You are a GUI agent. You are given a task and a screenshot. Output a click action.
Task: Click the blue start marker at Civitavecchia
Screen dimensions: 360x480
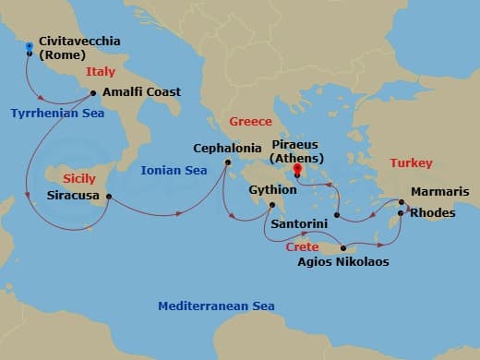[30, 45]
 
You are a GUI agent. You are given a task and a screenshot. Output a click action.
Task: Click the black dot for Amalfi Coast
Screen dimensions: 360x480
[92, 91]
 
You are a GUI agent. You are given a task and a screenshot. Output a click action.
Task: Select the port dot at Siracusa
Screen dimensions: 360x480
[109, 196]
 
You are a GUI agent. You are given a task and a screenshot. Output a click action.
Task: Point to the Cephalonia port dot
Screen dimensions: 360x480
[227, 163]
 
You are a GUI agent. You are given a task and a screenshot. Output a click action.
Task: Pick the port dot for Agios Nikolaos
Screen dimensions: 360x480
[343, 247]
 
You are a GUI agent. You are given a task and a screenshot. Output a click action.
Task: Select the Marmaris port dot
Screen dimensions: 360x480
[402, 201]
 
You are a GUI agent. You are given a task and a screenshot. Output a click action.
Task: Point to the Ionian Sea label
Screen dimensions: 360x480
[173, 170]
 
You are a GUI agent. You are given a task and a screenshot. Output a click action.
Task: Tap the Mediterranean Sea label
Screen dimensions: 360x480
[216, 306]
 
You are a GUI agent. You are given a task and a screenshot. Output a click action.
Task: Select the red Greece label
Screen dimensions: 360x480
[250, 121]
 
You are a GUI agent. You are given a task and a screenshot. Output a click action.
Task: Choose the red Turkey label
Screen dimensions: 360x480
[411, 162]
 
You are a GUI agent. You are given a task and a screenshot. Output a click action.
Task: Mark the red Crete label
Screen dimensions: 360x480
[302, 247]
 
